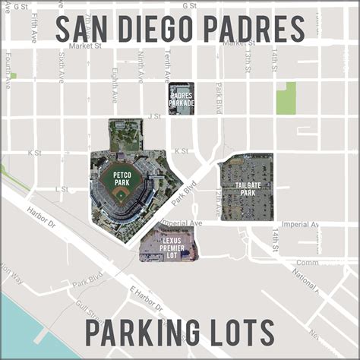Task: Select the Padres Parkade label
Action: click(x=182, y=99)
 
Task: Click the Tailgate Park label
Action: click(x=246, y=188)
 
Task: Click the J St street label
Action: click(x=155, y=116)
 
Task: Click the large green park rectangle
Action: click(x=286, y=98)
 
